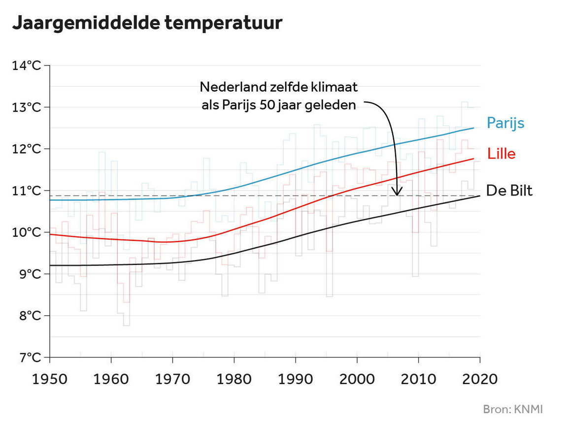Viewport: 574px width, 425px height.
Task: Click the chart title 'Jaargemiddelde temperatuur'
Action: click(x=147, y=23)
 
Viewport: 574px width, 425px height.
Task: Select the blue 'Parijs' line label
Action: click(x=505, y=123)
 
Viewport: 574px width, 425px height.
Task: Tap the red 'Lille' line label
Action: click(x=501, y=154)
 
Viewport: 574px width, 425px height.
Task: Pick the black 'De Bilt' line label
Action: click(x=509, y=191)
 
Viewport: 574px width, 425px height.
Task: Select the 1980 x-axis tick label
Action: click(x=234, y=379)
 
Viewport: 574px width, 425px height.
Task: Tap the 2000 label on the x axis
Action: click(x=357, y=379)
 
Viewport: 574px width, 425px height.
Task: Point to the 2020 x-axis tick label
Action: click(x=479, y=379)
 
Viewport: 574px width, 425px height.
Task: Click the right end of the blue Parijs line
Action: click(x=473, y=128)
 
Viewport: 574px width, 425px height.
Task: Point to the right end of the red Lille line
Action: click(x=473, y=159)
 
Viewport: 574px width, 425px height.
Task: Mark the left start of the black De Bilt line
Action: click(x=51, y=265)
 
